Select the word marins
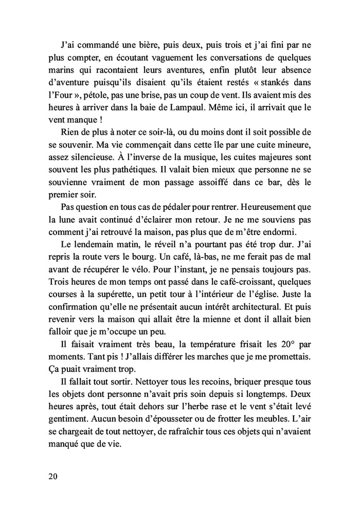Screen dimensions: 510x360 (x=56, y=70)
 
